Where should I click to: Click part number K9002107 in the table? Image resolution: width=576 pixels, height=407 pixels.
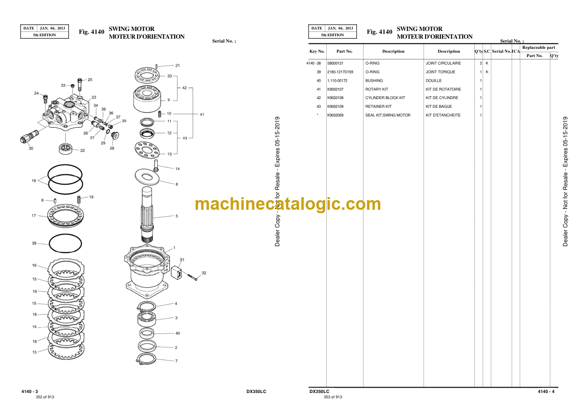pos(335,89)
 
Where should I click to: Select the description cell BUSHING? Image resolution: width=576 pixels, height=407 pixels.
pos(374,81)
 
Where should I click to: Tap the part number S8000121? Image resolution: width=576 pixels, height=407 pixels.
pos(335,63)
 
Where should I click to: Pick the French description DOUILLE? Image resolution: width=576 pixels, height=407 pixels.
pos(434,81)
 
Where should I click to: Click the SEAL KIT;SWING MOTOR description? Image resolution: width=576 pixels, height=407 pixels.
pos(388,115)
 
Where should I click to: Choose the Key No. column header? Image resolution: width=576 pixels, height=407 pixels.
pos(317,51)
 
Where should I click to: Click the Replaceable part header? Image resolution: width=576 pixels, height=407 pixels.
pos(539,47)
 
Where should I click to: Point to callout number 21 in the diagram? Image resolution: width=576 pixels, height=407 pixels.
pos(178,65)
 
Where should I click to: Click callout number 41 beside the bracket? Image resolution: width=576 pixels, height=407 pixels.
pos(202,115)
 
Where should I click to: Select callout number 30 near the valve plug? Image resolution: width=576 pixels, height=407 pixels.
pos(31,148)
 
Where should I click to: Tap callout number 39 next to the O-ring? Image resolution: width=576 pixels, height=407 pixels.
pos(34,243)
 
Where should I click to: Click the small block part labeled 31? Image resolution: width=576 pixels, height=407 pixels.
pos(177,273)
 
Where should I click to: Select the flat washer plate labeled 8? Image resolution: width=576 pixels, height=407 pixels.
pos(147,176)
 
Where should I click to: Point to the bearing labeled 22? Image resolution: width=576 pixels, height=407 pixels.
pos(65,148)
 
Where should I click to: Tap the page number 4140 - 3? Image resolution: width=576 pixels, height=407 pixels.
pos(30,392)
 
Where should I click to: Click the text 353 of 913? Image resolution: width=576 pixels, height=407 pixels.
pos(333,397)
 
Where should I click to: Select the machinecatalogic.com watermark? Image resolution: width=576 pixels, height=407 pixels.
pos(288,204)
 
